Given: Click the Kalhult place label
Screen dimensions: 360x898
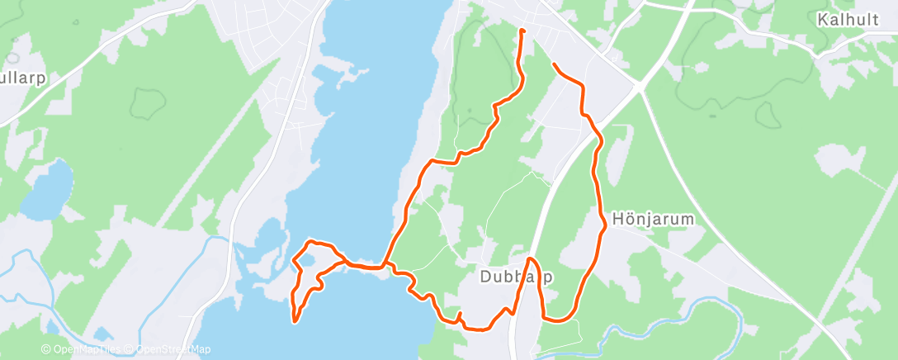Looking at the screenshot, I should [x=848, y=20].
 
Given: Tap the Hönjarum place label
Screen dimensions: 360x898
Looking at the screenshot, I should [x=653, y=220].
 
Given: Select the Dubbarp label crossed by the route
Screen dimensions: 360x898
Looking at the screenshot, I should [x=516, y=277].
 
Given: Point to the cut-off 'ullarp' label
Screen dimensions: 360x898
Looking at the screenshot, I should [x=22, y=78].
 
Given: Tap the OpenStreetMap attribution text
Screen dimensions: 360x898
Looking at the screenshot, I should [x=159, y=350].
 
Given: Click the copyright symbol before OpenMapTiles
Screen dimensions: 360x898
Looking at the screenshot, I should [x=46, y=350].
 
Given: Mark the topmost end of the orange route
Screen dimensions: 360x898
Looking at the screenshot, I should [x=522, y=31].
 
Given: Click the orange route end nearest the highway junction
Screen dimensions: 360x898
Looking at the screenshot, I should [x=554, y=64].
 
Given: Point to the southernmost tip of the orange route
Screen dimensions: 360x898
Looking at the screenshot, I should [x=295, y=320].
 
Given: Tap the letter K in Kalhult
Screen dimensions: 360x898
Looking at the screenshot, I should [x=822, y=20].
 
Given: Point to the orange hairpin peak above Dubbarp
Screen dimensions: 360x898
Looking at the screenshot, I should [x=527, y=261].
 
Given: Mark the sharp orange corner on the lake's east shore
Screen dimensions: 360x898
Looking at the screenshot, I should [x=430, y=159].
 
